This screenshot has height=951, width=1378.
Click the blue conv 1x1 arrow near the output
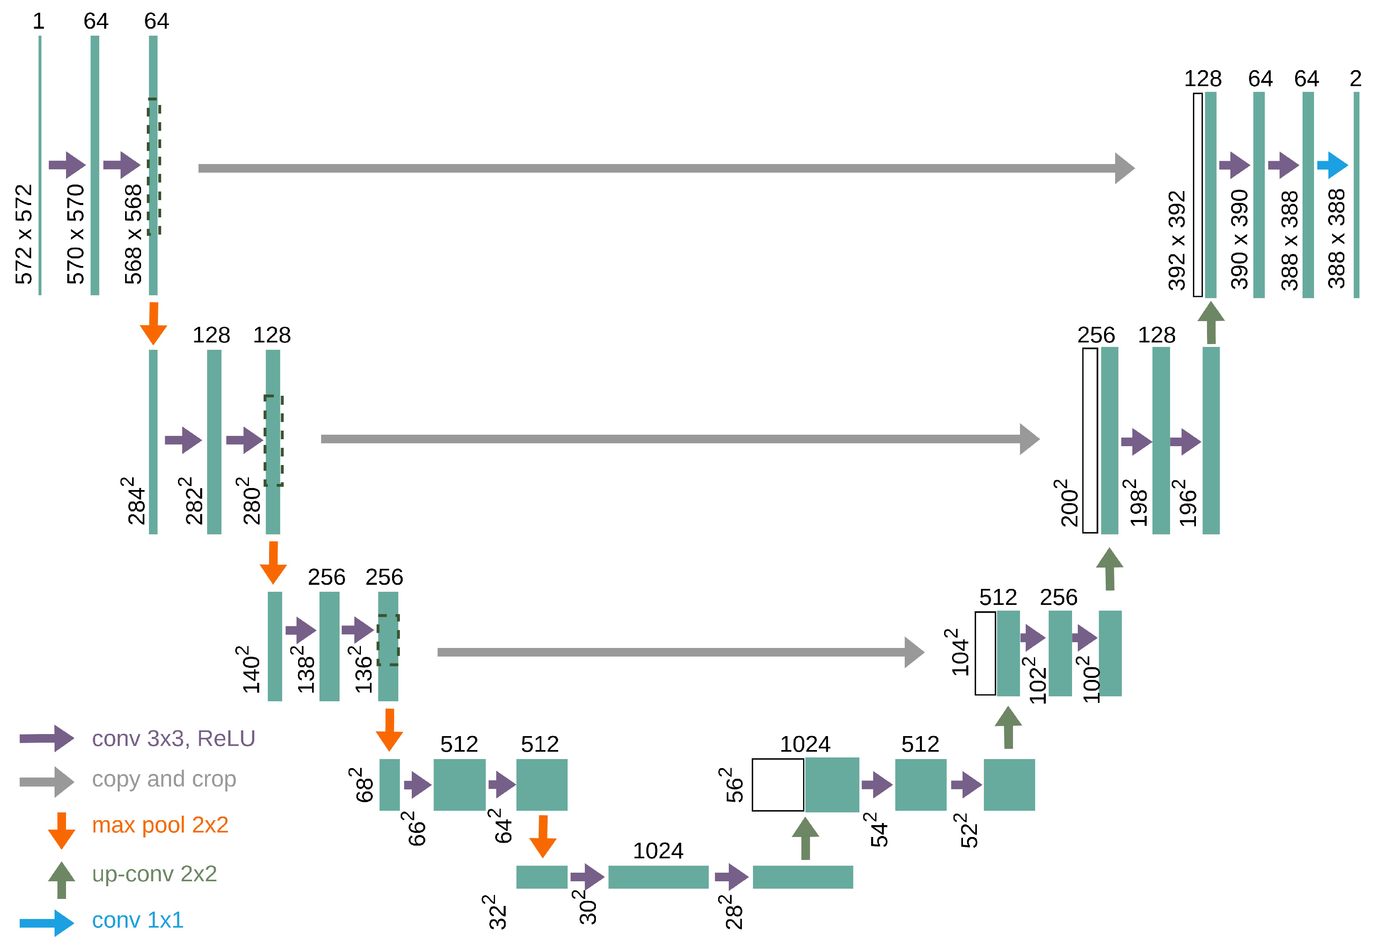(x=1332, y=165)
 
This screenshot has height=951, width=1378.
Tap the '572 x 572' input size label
(x=24, y=234)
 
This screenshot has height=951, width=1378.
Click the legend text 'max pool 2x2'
(x=160, y=825)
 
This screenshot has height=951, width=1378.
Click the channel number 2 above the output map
(x=1356, y=79)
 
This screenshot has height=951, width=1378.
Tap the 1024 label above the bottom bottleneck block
(x=658, y=851)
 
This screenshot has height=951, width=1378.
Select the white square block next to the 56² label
(x=778, y=785)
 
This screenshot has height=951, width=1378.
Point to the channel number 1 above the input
(x=39, y=21)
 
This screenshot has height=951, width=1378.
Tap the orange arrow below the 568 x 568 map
(x=153, y=323)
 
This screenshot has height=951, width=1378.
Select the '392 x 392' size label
(x=1177, y=241)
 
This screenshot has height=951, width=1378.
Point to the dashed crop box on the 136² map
(x=388, y=640)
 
